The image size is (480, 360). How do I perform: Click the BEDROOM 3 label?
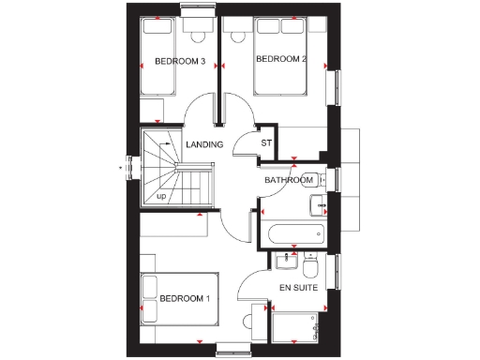tap(180, 62)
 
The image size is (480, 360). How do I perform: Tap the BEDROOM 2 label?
tap(281, 60)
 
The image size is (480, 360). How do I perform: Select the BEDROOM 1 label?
tap(185, 299)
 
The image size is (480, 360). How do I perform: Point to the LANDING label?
tap(204, 144)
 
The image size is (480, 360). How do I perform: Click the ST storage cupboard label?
tap(265, 143)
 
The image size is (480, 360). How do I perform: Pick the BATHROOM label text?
tap(288, 179)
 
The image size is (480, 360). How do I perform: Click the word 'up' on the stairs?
tap(161, 196)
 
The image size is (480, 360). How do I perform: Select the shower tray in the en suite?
tap(298, 328)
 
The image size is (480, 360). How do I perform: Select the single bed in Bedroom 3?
tap(158, 60)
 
